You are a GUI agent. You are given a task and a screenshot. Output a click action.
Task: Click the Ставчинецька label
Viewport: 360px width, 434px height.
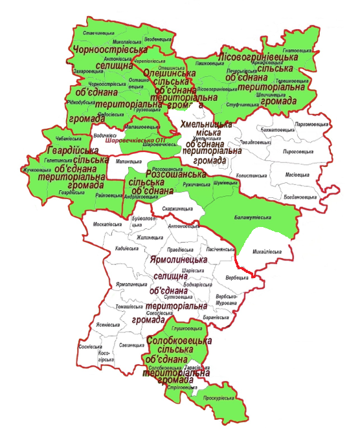pos(99,33)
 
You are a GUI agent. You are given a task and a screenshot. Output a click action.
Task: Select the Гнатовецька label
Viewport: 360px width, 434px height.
pos(298,50)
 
